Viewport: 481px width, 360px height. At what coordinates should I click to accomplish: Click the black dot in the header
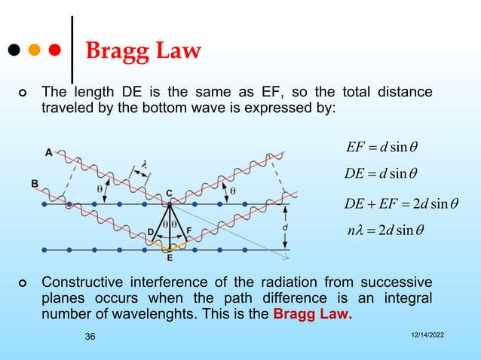(14, 51)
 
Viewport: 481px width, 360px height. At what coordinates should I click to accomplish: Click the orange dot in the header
(34, 51)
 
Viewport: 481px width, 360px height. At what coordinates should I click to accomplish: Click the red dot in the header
(54, 51)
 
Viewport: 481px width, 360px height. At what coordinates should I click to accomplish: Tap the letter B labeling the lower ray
(35, 184)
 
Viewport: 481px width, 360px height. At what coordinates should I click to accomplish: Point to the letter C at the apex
(170, 191)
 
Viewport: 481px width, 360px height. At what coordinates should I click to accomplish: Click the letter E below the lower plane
(170, 258)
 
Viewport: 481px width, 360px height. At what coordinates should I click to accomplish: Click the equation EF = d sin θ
(384, 145)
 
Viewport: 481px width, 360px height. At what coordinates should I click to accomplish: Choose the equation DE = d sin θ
(384, 175)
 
